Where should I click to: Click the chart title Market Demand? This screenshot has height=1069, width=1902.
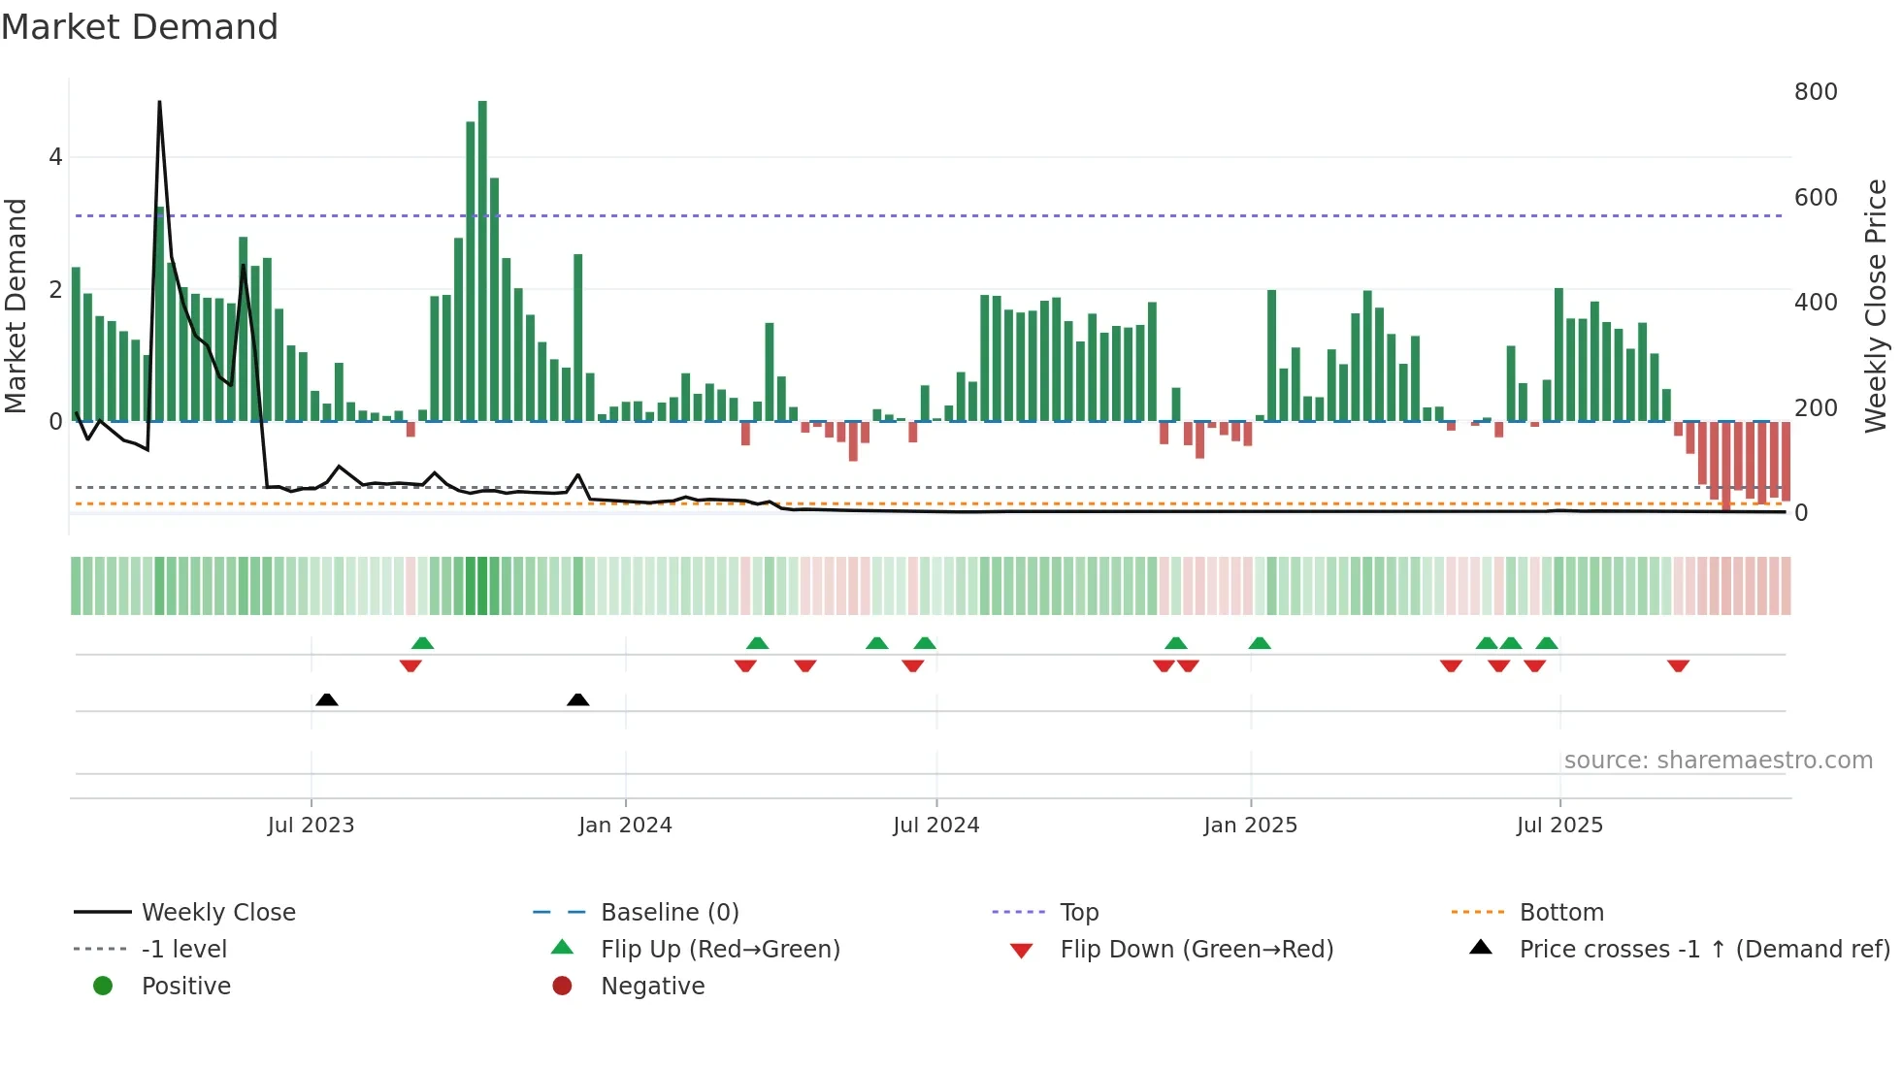pyautogui.click(x=140, y=27)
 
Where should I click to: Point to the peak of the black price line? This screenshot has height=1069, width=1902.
pyautogui.click(x=159, y=102)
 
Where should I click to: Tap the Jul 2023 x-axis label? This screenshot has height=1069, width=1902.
pyautogui.click(x=311, y=826)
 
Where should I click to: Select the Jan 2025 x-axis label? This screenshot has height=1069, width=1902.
pyautogui.click(x=1250, y=826)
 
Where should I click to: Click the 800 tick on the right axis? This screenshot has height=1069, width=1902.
pyautogui.click(x=1816, y=92)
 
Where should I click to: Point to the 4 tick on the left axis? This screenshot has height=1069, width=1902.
pyautogui.click(x=55, y=157)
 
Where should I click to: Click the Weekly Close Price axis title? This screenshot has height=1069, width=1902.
pyautogui.click(x=1876, y=306)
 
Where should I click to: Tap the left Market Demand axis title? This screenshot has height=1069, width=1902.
pyautogui.click(x=16, y=306)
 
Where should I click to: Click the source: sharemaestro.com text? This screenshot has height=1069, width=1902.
pyautogui.click(x=1718, y=761)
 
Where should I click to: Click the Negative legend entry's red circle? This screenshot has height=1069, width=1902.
pyautogui.click(x=562, y=987)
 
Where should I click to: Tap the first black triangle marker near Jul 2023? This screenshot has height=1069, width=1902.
pyautogui.click(x=327, y=699)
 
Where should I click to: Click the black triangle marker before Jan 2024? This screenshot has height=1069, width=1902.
pyautogui.click(x=577, y=699)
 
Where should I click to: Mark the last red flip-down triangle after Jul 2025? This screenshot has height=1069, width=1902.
pyautogui.click(x=1678, y=665)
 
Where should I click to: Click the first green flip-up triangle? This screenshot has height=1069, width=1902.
pyautogui.click(x=422, y=643)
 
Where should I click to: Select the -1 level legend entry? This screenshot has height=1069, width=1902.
pyautogui.click(x=183, y=950)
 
